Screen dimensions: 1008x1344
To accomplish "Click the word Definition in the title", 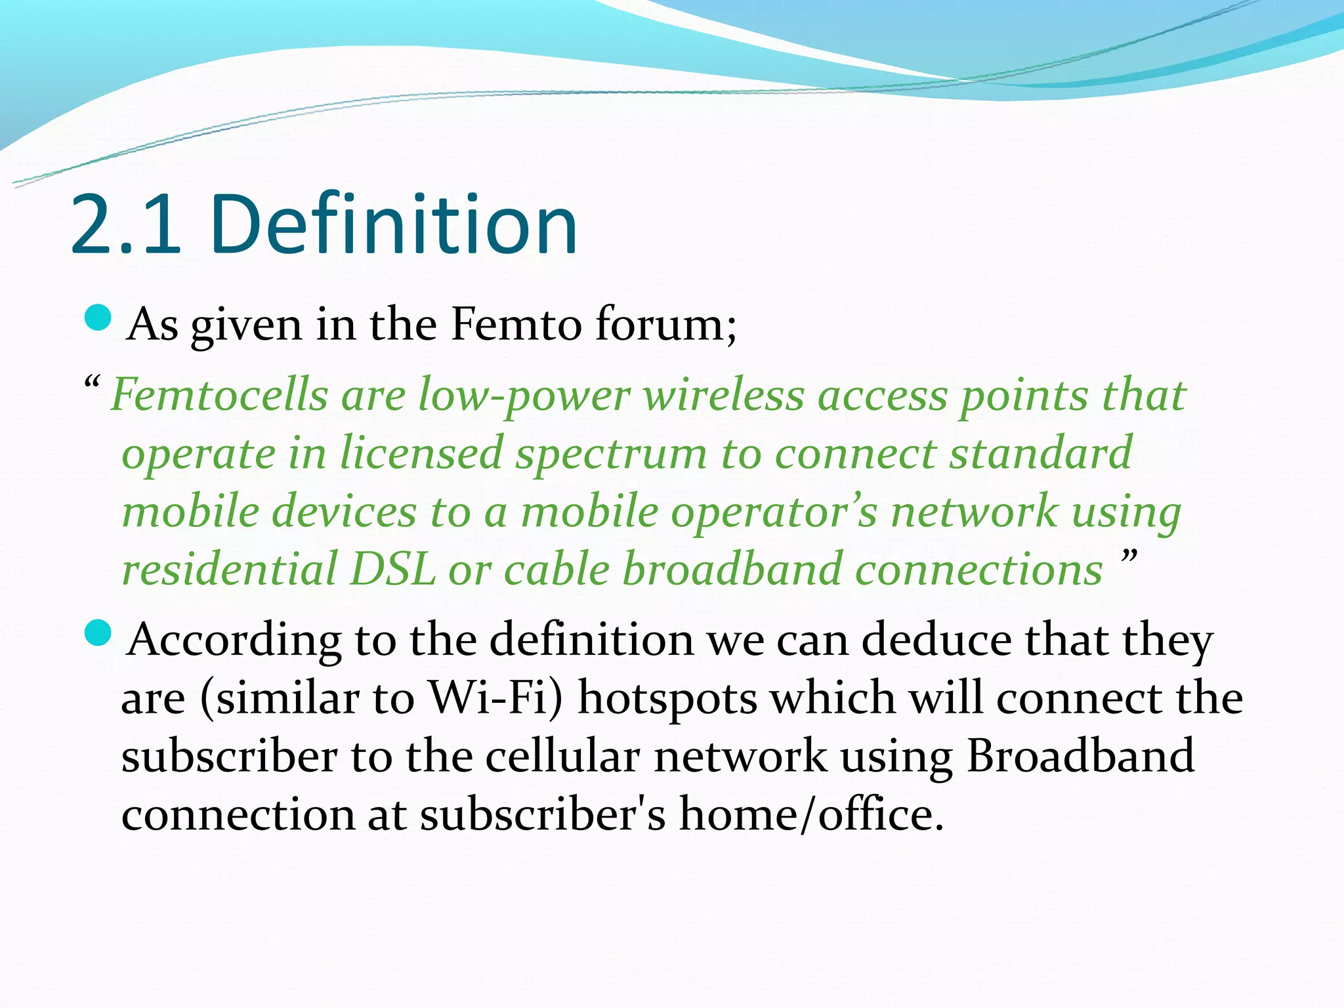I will pyautogui.click(x=394, y=224).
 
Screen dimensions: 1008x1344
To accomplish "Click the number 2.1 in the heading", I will pyautogui.click(x=125, y=224).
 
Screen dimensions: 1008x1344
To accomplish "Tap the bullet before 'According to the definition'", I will pyautogui.click(x=98, y=634).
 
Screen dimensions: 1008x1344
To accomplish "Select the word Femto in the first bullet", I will pyautogui.click(x=516, y=324).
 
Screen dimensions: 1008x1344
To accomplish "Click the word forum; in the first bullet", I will pyautogui.click(x=666, y=324).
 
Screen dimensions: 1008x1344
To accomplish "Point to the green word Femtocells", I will pyautogui.click(x=219, y=396).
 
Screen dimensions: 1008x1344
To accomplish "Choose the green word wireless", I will pyautogui.click(x=723, y=396).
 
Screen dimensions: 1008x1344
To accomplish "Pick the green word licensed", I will pyautogui.click(x=421, y=453).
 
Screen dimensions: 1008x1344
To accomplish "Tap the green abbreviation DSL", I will pyautogui.click(x=392, y=568).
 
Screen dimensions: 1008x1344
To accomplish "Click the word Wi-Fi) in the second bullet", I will pyautogui.click(x=495, y=698).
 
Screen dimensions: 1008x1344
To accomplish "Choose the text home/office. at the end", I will pyautogui.click(x=811, y=814).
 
